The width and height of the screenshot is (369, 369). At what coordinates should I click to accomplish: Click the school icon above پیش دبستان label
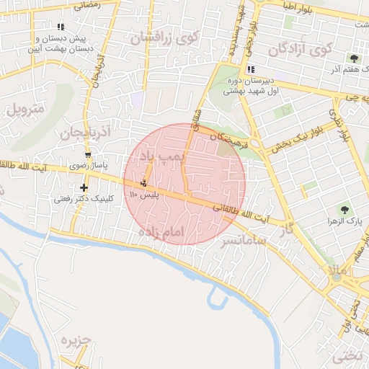coord(61,27)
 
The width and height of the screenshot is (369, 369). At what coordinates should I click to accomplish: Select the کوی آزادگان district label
coord(299,50)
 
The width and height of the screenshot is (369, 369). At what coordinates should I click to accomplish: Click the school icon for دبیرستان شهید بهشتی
coord(251,70)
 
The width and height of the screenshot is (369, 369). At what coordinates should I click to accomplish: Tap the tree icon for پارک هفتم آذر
coord(353,58)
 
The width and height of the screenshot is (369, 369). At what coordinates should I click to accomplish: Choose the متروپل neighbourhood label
coord(25,110)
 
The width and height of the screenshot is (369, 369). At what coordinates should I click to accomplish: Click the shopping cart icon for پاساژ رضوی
coord(88,155)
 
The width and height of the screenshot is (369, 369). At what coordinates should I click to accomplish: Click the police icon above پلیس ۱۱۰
coord(144,182)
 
